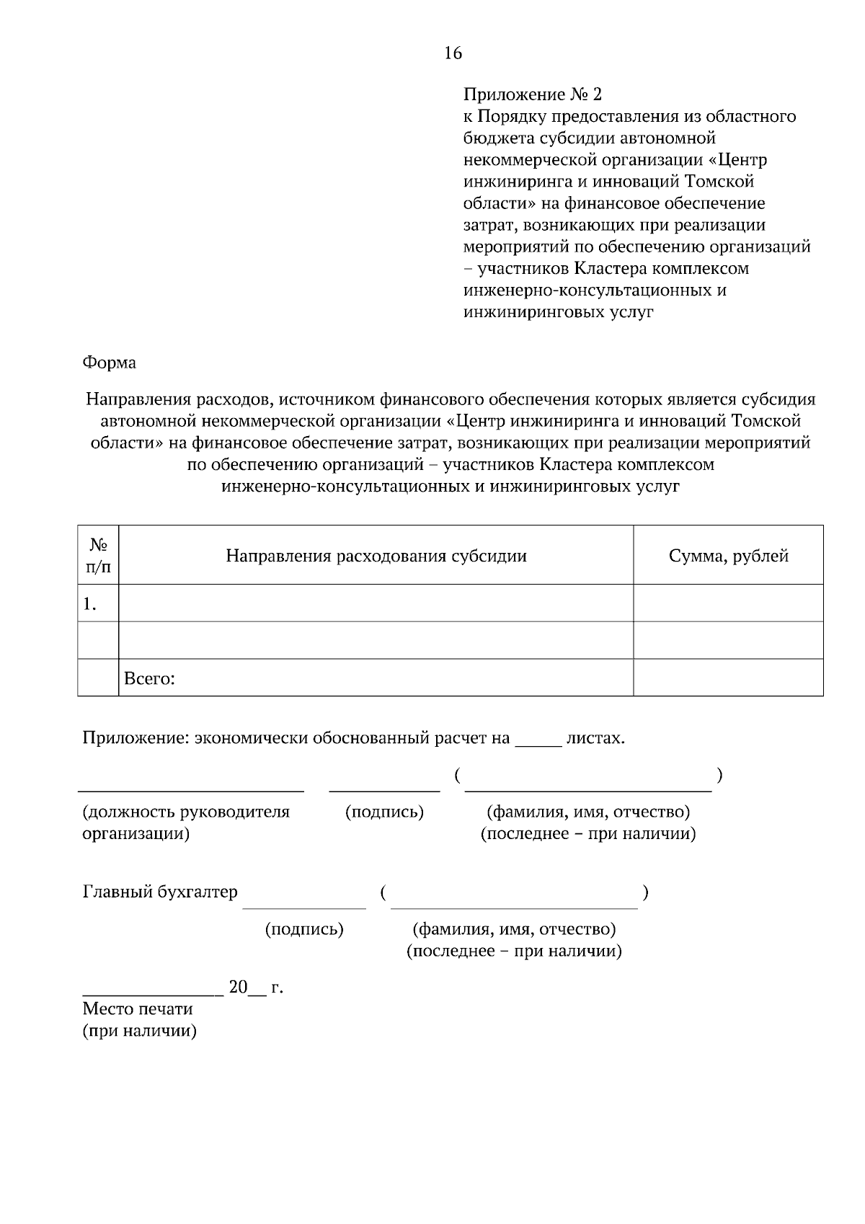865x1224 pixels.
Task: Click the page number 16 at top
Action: [453, 53]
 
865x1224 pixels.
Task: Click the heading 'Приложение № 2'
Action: [532, 94]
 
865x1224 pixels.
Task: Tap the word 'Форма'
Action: [109, 363]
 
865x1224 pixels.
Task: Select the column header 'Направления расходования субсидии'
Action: [376, 556]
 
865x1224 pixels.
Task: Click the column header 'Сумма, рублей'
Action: [728, 556]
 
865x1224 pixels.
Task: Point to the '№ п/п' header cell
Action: [98, 556]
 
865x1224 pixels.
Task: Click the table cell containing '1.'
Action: [98, 604]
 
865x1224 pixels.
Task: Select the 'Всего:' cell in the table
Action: [150, 678]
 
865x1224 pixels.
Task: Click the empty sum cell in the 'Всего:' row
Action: [728, 678]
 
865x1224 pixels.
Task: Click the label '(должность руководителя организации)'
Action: [185, 822]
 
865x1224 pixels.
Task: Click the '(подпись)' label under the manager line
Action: [384, 812]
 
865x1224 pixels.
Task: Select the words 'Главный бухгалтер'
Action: [160, 892]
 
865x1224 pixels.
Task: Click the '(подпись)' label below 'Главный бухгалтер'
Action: [304, 928]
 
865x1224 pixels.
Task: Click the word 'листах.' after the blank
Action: [595, 738]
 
